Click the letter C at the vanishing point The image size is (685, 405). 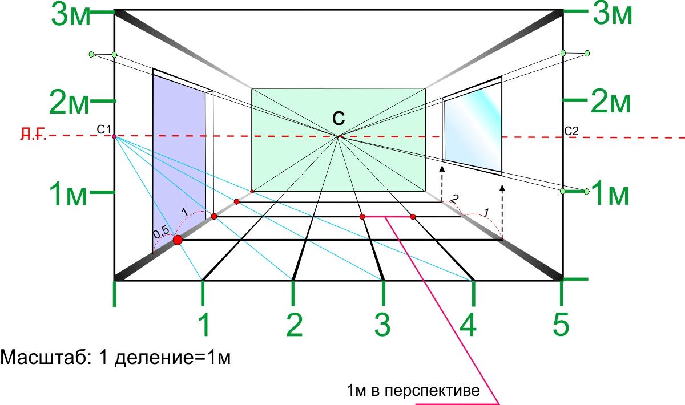(339, 118)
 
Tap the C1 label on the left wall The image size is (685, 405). (104, 129)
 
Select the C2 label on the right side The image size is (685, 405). (571, 131)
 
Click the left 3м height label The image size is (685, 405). (71, 16)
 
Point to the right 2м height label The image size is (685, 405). (610, 103)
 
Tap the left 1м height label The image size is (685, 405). (68, 195)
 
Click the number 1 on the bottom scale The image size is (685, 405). (204, 325)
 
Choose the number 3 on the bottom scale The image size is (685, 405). (382, 325)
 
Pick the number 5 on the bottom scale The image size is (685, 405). (561, 325)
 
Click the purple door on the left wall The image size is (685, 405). (179, 162)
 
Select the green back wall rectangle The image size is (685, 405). (339, 140)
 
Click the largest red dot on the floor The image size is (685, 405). (178, 240)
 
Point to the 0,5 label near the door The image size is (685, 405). (161, 232)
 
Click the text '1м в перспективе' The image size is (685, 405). (413, 391)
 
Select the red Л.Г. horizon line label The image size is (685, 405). (33, 134)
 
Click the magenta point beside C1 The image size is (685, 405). (114, 136)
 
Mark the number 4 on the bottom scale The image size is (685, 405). (468, 325)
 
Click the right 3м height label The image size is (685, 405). (612, 15)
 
